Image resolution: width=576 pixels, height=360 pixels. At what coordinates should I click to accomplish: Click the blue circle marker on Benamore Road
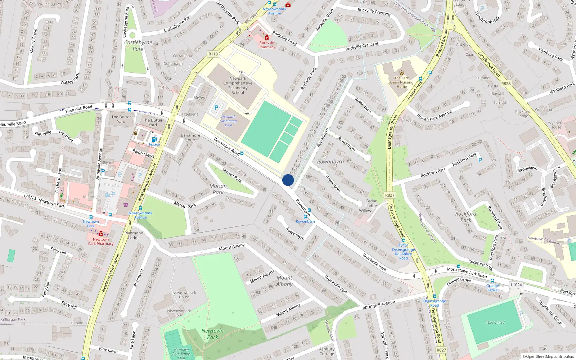point(288,180)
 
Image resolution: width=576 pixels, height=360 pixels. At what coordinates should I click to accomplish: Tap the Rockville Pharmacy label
point(267,45)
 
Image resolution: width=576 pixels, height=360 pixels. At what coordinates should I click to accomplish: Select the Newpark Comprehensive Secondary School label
point(238,85)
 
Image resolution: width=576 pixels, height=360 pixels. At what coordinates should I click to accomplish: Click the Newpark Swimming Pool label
point(228,121)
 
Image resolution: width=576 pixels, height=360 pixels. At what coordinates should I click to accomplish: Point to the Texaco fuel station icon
point(154,140)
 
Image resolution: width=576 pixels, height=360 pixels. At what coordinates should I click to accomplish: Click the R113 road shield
point(213,54)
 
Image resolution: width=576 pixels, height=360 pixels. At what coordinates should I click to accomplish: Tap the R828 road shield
point(506,84)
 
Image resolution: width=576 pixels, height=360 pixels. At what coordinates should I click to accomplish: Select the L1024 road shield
point(516,285)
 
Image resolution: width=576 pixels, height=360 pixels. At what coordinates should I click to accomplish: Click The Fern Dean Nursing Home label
point(402,82)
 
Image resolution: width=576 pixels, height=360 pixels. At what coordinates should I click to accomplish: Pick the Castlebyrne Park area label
point(138,46)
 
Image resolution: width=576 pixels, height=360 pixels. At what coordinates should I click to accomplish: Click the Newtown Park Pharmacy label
point(101,242)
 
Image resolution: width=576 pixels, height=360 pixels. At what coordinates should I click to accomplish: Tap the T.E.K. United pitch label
point(495,323)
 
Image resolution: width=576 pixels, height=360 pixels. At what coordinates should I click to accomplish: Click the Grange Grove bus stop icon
point(492,281)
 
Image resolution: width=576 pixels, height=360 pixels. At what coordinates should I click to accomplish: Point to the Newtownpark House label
point(184,295)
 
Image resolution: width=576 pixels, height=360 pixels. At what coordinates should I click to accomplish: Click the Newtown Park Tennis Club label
point(181,354)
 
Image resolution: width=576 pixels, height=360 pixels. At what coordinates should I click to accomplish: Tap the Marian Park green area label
point(218,189)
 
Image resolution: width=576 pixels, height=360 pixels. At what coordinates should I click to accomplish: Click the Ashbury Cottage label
point(327,351)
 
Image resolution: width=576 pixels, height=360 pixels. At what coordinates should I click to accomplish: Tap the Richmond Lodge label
point(134,235)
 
